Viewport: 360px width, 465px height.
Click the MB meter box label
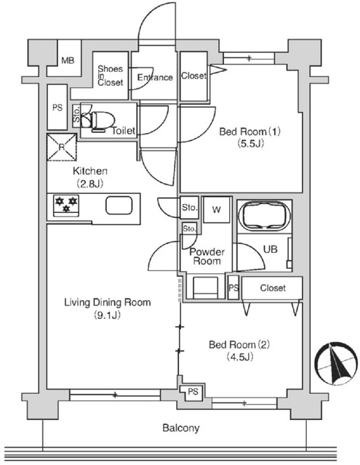pos(68,60)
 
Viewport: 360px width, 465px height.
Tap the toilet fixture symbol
pos(98,121)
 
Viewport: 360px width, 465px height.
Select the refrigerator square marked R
pos(62,147)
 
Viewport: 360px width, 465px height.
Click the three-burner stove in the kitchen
pos(66,205)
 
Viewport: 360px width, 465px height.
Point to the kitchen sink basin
pos(119,205)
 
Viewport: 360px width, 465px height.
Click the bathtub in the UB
pos(265,217)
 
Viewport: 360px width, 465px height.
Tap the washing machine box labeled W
pos(217,210)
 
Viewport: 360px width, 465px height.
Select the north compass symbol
pos(336,363)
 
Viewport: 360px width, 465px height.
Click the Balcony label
pos(181,428)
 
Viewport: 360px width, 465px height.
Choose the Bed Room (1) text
pos(249,131)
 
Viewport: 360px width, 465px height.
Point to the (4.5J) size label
pos(240,357)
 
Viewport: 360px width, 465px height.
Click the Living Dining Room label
pos(108,302)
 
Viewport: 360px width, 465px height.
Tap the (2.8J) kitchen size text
pos(90,184)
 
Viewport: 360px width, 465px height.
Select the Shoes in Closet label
pos(110,76)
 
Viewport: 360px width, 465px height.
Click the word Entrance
pos(155,78)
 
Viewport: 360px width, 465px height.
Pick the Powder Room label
pos(207,256)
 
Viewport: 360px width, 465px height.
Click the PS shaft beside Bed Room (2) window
pos(193,392)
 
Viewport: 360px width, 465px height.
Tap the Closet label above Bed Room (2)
pos(273,288)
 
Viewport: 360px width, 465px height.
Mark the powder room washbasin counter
pos(205,288)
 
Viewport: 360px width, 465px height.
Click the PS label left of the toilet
pos(57,107)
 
